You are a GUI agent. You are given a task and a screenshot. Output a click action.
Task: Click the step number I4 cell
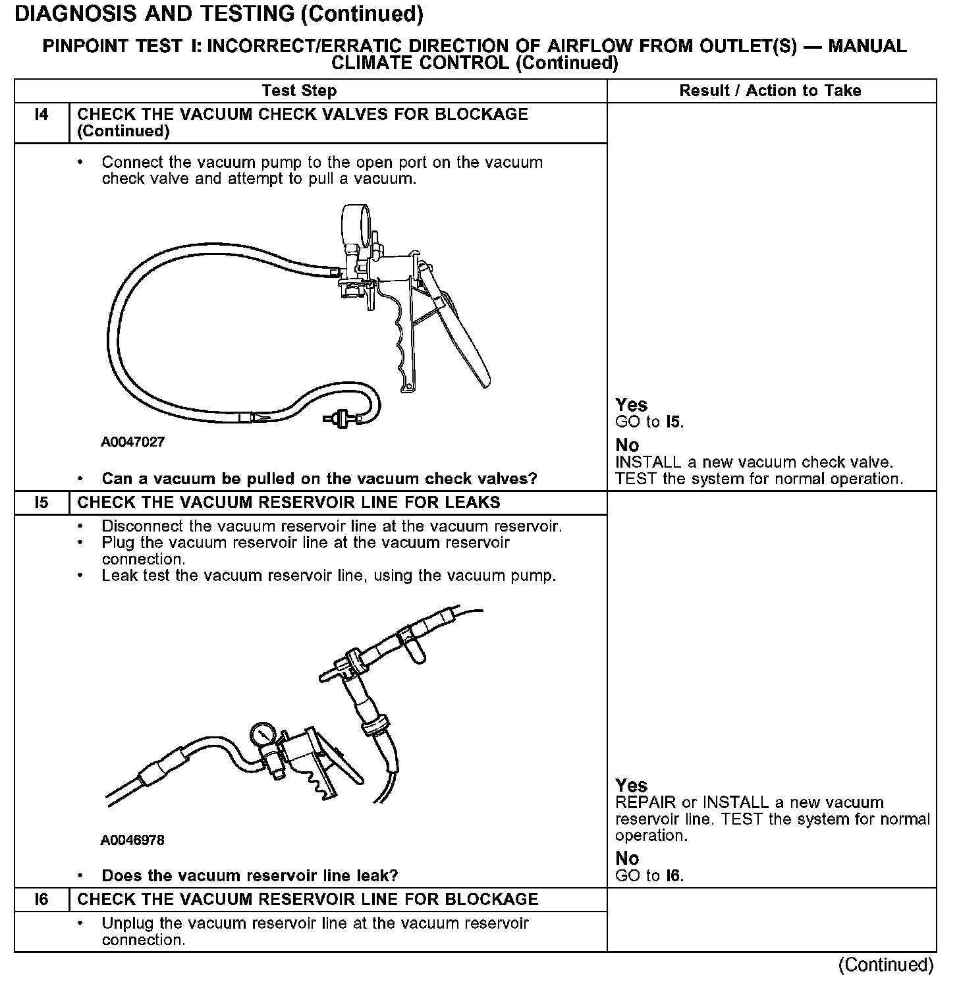click(x=41, y=115)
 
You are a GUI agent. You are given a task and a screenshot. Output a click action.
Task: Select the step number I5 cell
click(x=41, y=503)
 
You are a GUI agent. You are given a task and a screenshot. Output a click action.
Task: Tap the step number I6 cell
click(x=41, y=900)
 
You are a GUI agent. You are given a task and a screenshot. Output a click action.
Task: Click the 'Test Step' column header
click(x=299, y=91)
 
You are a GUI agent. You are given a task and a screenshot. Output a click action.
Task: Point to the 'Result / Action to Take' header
click(x=770, y=91)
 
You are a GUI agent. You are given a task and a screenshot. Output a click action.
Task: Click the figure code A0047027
click(x=132, y=442)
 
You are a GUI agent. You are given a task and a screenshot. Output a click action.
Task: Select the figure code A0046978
click(x=132, y=840)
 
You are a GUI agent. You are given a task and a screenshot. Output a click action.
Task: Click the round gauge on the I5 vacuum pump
click(x=263, y=734)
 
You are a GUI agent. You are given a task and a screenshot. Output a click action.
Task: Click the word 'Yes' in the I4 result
click(x=631, y=405)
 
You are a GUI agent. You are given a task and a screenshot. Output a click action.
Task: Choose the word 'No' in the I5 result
click(x=627, y=858)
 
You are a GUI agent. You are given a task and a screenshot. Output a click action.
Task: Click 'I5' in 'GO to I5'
click(x=673, y=422)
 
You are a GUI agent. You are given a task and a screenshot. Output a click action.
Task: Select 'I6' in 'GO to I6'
click(x=673, y=876)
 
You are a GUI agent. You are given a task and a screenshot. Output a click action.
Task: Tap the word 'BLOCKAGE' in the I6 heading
click(x=491, y=900)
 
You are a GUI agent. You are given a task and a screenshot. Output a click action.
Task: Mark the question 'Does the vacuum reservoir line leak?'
click(x=250, y=876)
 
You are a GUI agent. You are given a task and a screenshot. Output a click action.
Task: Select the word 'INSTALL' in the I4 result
click(x=648, y=462)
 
